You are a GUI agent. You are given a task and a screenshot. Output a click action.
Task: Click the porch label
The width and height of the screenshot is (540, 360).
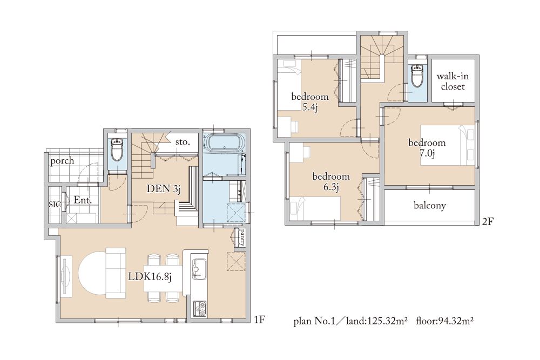62,161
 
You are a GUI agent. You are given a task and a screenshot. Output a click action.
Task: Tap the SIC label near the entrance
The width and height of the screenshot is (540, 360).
55,205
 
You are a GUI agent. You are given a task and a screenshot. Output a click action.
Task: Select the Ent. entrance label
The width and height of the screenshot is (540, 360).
83,200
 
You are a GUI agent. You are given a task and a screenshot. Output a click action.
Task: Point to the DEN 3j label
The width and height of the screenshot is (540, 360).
164,188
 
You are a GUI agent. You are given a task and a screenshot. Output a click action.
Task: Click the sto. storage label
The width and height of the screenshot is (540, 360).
183,142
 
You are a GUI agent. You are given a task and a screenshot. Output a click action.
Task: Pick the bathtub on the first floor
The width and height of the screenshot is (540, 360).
225,142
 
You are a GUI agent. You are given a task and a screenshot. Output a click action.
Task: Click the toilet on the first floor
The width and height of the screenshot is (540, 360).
117,148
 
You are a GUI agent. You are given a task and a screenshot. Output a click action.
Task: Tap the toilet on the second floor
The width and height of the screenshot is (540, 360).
417,76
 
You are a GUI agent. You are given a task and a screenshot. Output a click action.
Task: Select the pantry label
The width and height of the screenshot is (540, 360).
241,237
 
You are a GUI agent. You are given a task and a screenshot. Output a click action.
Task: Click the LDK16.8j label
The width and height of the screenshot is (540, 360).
150,276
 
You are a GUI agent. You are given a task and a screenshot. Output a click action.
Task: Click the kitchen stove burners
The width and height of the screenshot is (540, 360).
200,308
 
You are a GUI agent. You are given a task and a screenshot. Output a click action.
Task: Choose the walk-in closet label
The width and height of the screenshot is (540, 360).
453,81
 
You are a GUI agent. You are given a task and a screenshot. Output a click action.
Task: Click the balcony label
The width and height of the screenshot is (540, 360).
430,206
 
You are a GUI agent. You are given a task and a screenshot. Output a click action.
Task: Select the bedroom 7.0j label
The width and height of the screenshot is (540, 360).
427,148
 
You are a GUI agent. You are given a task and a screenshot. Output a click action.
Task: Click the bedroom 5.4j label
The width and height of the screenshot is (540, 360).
310,102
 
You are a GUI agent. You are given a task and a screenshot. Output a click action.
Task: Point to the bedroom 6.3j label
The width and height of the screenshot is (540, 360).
331,182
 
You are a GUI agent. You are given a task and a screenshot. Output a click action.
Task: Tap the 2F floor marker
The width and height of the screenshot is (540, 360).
487,221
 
